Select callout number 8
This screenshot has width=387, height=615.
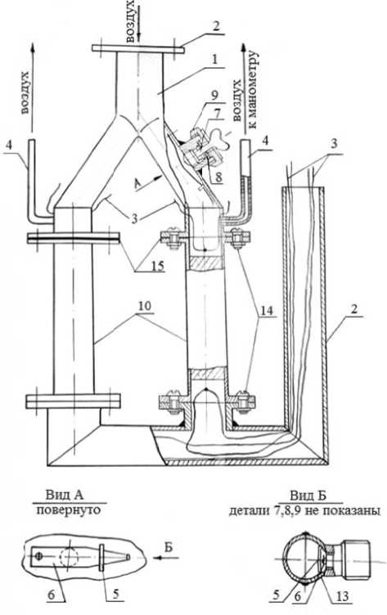(218, 176)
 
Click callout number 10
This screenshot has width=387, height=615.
(144, 307)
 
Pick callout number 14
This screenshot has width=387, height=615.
(265, 311)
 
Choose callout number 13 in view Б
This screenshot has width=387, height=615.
(341, 596)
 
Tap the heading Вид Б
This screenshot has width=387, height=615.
(308, 496)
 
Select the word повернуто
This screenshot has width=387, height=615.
(68, 510)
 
